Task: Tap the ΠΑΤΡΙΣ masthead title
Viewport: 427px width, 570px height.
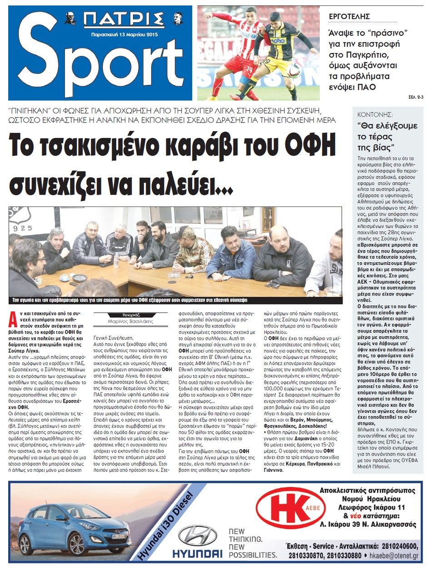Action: click(124, 20)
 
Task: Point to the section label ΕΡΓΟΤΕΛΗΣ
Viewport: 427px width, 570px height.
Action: click(349, 16)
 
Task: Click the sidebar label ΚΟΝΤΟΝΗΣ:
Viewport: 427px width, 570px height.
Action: click(375, 115)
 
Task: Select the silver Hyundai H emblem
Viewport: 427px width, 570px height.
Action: click(198, 535)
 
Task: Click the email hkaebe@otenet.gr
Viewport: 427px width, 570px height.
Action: click(394, 555)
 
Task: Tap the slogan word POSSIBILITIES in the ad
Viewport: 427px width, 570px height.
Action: click(253, 555)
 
